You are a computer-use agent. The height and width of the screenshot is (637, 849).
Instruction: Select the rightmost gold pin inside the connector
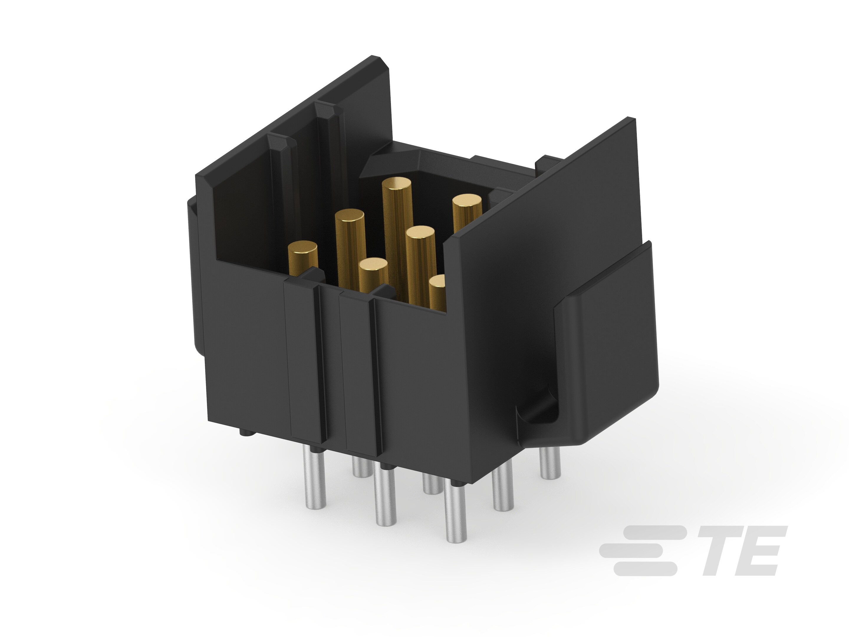coord(467,213)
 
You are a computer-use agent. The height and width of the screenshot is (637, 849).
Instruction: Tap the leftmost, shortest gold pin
coord(303,258)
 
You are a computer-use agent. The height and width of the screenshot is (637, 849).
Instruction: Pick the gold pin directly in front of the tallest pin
coord(422,265)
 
